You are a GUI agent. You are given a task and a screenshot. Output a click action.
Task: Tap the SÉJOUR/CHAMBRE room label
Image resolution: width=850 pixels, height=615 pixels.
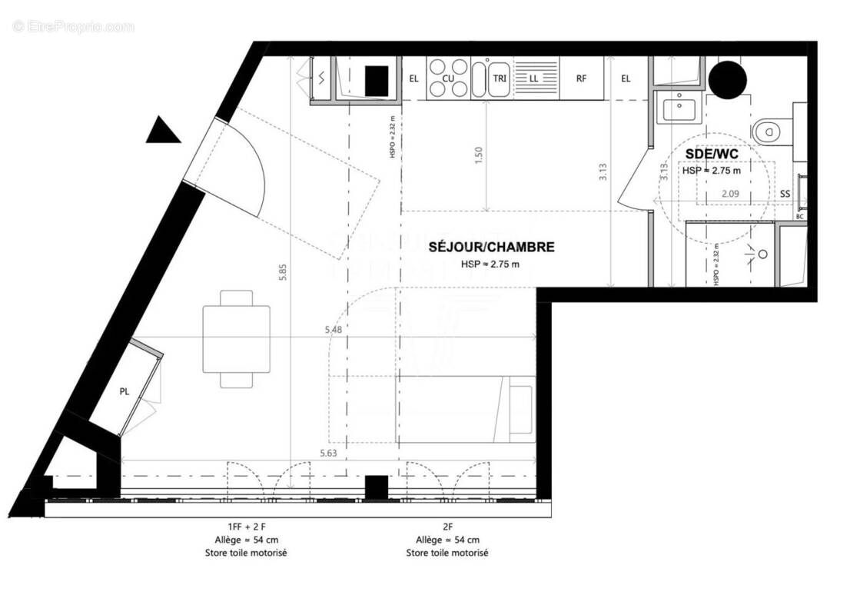tap(491, 248)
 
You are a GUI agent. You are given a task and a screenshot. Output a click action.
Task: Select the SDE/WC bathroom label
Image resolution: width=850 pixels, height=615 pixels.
tap(712, 155)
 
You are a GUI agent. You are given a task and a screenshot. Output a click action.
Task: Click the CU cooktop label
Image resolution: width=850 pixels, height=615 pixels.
tap(448, 78)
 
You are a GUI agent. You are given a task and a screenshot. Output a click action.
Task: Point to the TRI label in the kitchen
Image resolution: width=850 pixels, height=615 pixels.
tap(500, 78)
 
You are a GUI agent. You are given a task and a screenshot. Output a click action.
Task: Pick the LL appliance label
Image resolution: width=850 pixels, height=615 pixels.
tap(533, 78)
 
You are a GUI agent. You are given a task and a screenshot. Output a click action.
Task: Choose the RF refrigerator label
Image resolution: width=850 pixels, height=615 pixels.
tap(582, 78)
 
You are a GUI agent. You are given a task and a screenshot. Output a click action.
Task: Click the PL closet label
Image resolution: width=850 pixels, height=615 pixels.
tap(125, 391)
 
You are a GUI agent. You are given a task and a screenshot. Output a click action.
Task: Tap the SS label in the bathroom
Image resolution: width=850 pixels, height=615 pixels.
tap(785, 194)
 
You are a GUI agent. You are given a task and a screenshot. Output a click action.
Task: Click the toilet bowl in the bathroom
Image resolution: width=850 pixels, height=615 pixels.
tap(769, 131)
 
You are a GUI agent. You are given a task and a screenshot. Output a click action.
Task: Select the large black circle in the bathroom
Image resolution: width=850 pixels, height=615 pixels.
tap(726, 78)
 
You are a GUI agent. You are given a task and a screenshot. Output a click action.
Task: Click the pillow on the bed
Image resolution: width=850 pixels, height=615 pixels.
tap(522, 409)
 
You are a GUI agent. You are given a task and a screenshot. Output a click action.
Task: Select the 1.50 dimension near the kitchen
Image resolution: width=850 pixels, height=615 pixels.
tap(480, 155)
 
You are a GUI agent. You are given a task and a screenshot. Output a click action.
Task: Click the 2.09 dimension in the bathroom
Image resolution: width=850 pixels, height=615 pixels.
tap(730, 195)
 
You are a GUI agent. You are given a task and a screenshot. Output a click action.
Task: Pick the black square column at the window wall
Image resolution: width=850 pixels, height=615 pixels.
tap(377, 487)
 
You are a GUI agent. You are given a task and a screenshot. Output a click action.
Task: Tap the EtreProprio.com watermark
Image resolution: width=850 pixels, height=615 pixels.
tap(73, 27)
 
